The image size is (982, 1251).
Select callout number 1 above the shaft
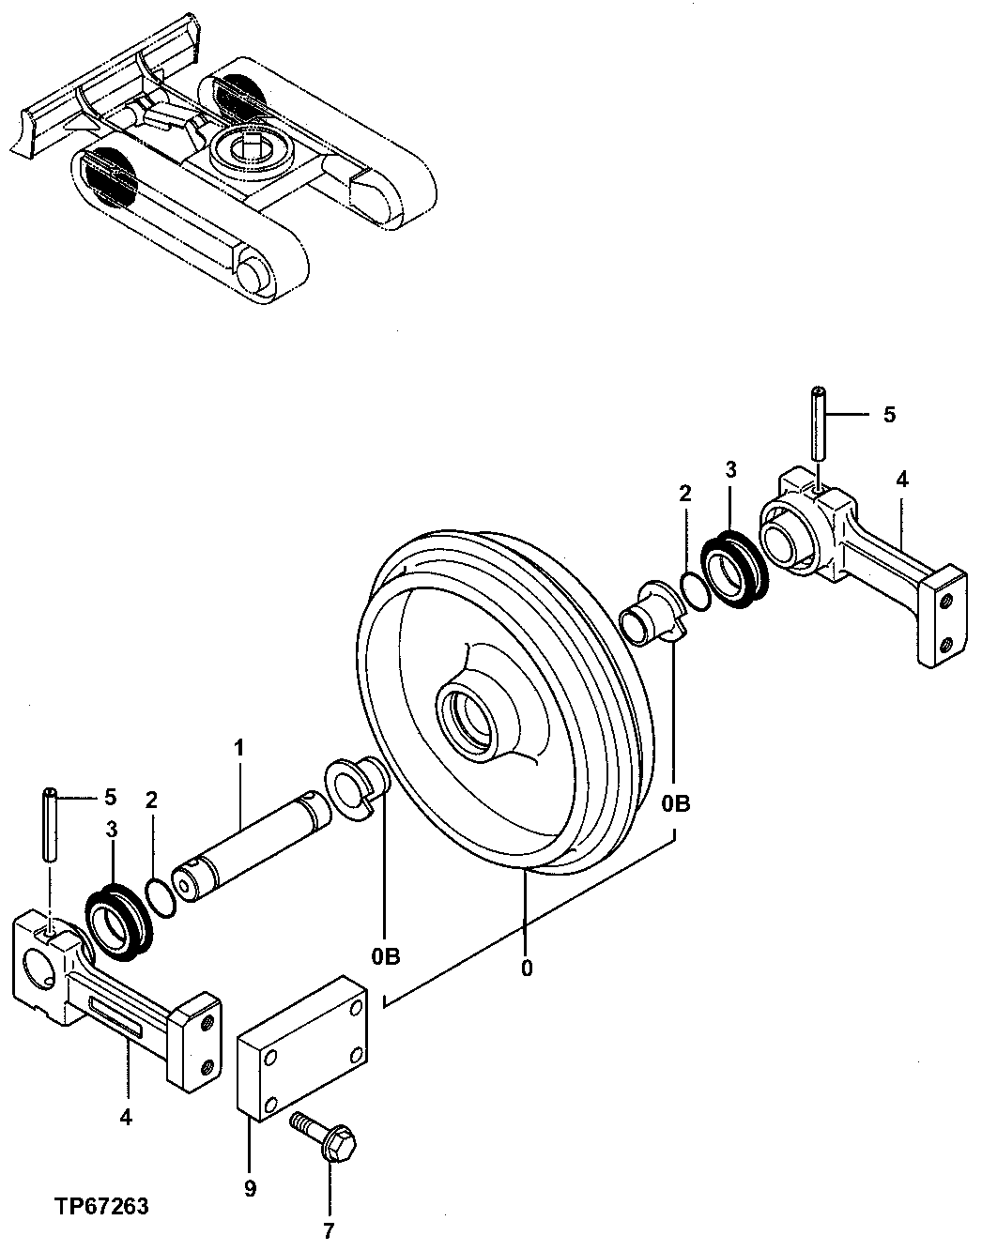[x=238, y=748]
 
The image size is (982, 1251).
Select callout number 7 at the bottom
[x=330, y=1228]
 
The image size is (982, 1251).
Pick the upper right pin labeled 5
[x=818, y=424]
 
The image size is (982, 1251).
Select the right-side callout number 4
[x=901, y=480]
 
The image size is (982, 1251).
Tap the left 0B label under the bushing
[x=385, y=956]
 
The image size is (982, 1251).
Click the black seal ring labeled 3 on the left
[x=118, y=924]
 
